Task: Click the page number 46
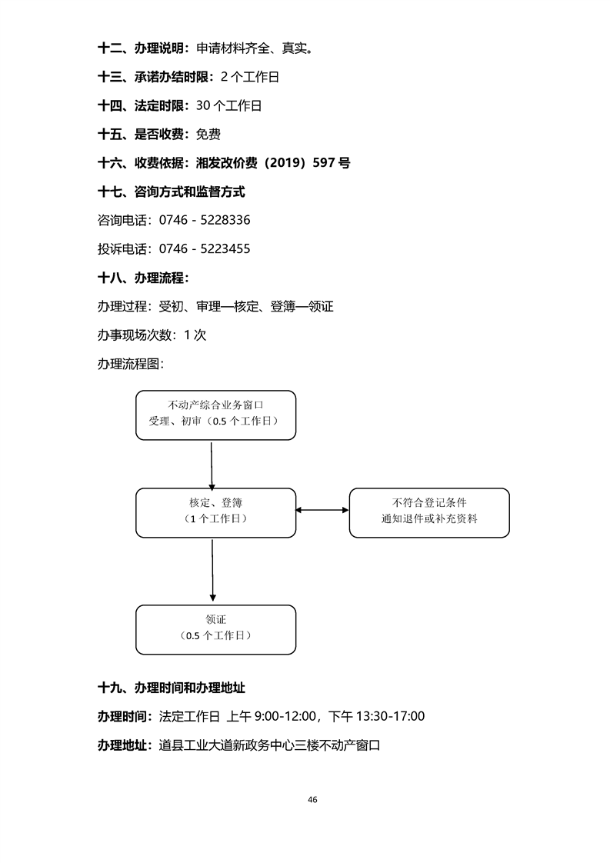pos(312,799)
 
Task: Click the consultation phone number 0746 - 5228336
pos(205,220)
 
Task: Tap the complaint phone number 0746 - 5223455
pos(205,249)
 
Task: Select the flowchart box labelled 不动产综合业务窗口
pos(215,415)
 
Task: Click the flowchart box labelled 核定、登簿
pos(215,512)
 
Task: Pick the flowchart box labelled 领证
pos(215,629)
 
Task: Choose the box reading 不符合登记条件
pos(429,512)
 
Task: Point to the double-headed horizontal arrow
pos(322,509)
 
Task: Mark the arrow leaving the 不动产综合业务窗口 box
pos(212,464)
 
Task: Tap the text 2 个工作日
pos(250,77)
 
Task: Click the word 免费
pos(208,135)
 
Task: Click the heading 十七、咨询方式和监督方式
pos(172,192)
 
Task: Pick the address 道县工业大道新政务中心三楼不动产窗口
pos(270,745)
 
